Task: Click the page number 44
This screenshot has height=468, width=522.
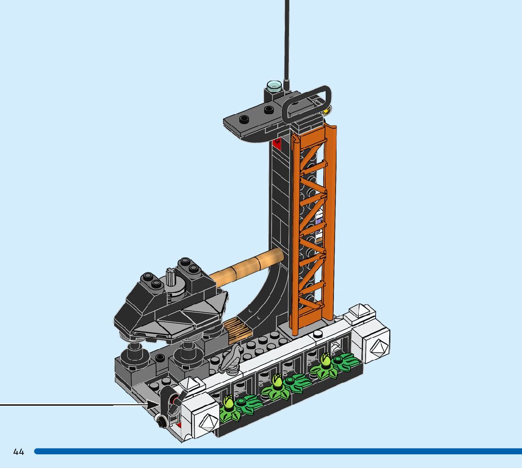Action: point(19,451)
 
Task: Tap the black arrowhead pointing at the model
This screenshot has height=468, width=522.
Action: point(153,405)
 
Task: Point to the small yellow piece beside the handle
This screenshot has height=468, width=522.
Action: point(328,109)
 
